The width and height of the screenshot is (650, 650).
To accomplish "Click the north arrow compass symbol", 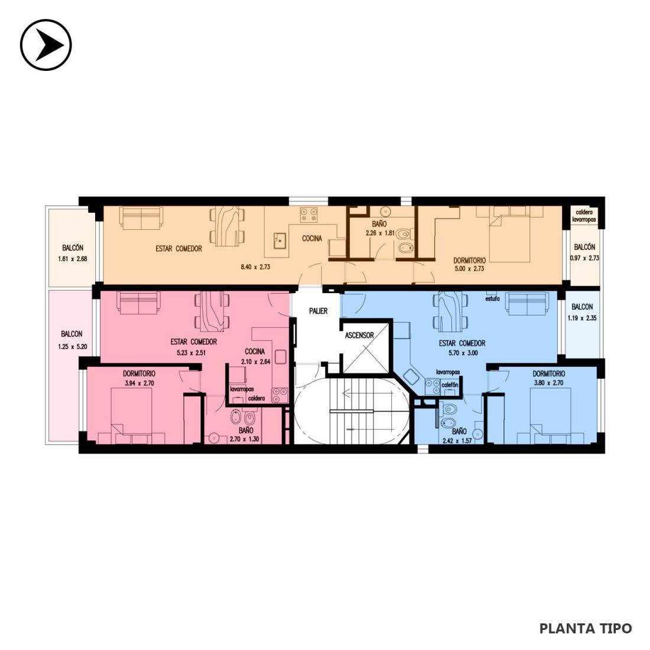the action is pyautogui.click(x=46, y=45).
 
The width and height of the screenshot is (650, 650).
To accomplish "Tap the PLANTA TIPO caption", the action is pyautogui.click(x=586, y=628).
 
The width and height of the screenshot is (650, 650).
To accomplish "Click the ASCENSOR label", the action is pyautogui.click(x=359, y=336).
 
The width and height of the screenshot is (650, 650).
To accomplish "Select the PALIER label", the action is pyautogui.click(x=318, y=311).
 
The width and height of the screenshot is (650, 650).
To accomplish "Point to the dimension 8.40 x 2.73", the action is pyautogui.click(x=255, y=267).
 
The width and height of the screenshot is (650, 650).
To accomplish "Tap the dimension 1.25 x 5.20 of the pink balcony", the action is pyautogui.click(x=73, y=346).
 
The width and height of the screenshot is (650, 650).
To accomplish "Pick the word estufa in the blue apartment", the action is pyautogui.click(x=492, y=298).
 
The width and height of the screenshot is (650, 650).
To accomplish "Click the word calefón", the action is pyautogui.click(x=450, y=385).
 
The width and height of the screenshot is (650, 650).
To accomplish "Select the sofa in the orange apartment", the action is pyautogui.click(x=141, y=217).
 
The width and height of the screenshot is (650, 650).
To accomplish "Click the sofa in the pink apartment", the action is pyautogui.click(x=138, y=303).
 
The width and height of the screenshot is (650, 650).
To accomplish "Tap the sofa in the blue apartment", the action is pyautogui.click(x=527, y=304).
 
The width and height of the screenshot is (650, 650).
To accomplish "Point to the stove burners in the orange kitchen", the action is pyautogui.click(x=309, y=215).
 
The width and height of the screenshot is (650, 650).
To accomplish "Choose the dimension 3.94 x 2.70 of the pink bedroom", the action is pyautogui.click(x=139, y=383).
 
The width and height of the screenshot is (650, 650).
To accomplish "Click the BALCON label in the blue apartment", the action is pyautogui.click(x=582, y=307).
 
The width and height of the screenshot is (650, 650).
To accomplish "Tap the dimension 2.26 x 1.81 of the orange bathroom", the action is pyautogui.click(x=380, y=233).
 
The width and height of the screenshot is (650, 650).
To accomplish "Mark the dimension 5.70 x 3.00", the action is pyautogui.click(x=463, y=353).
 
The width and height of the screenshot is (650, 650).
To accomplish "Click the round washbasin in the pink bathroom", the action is pyautogui.click(x=214, y=438).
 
